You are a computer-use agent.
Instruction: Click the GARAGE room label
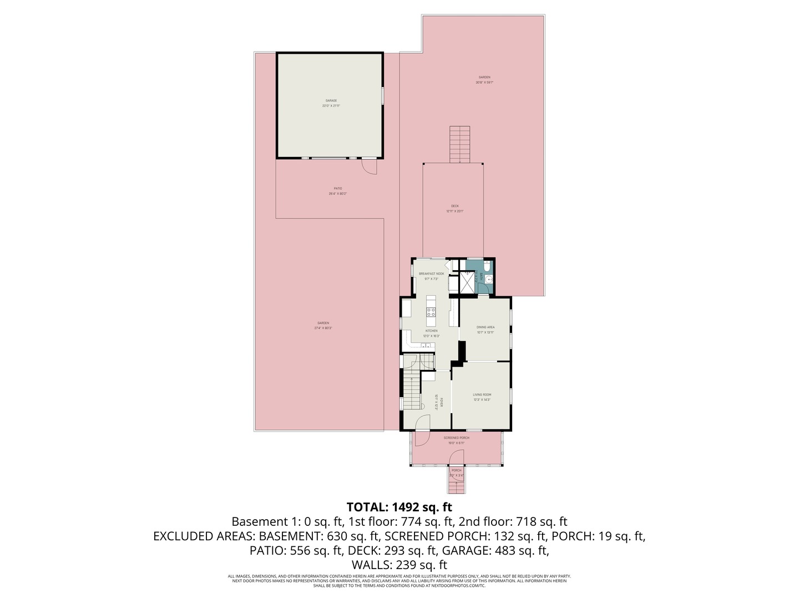[331, 100]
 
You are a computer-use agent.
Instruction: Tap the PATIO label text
[338, 189]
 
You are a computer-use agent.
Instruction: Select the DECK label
[454, 206]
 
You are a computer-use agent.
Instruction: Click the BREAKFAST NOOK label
[431, 274]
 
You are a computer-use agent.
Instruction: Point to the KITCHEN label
[431, 331]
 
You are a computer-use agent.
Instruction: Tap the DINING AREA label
[486, 327]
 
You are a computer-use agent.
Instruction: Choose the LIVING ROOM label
[482, 395]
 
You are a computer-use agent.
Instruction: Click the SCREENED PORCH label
[456, 438]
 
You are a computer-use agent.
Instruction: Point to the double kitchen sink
[426, 346]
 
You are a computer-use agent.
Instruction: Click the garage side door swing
[369, 166]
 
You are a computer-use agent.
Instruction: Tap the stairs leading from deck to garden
[459, 144]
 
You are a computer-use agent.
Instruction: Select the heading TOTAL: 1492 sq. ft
[399, 507]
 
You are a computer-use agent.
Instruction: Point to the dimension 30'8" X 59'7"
[484, 83]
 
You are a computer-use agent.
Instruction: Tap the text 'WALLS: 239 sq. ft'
[399, 565]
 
